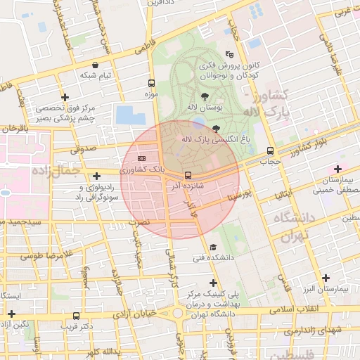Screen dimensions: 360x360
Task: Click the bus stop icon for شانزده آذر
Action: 188,175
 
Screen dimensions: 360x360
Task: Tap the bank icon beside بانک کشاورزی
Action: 141,158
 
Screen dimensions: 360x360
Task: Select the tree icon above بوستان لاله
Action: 205,96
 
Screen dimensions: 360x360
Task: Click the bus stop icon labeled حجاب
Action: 271,150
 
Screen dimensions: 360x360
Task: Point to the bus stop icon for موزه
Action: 152,82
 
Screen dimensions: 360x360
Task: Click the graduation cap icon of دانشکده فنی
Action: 212,247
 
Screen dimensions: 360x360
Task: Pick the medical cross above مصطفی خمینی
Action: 338,169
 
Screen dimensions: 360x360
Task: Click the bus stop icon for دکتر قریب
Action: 76,316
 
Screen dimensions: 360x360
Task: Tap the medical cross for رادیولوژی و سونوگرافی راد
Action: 96,176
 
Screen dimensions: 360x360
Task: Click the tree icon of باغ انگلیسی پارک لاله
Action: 215,128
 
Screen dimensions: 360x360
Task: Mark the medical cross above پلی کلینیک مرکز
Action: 213,283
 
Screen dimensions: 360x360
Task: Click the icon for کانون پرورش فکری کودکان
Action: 229,54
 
